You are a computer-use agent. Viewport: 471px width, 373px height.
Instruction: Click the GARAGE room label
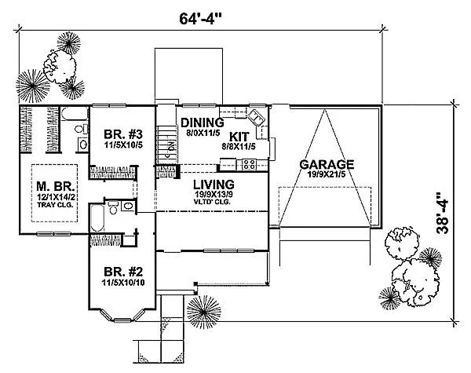pyautogui.click(x=327, y=165)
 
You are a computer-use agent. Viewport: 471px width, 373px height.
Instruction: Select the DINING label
pyautogui.click(x=203, y=123)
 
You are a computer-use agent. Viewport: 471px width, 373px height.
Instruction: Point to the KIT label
pyautogui.click(x=239, y=135)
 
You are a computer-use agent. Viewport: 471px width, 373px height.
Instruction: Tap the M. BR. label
pyautogui.click(x=54, y=187)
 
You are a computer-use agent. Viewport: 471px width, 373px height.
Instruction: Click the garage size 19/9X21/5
pyautogui.click(x=327, y=176)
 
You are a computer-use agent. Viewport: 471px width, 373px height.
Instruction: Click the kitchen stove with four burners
pyautogui.click(x=250, y=164)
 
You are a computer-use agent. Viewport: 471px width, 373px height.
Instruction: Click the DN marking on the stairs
pyautogui.click(x=170, y=146)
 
